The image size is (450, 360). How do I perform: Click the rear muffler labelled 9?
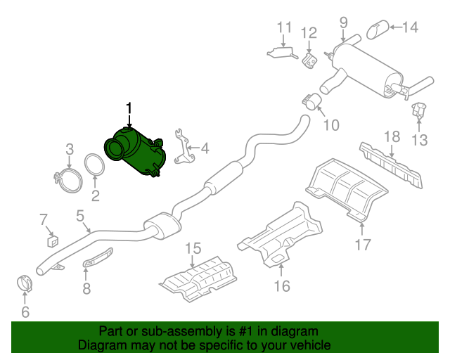(311, 102)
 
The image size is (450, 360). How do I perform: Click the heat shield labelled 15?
(281, 285)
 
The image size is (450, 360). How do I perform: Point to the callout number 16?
(362, 245)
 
